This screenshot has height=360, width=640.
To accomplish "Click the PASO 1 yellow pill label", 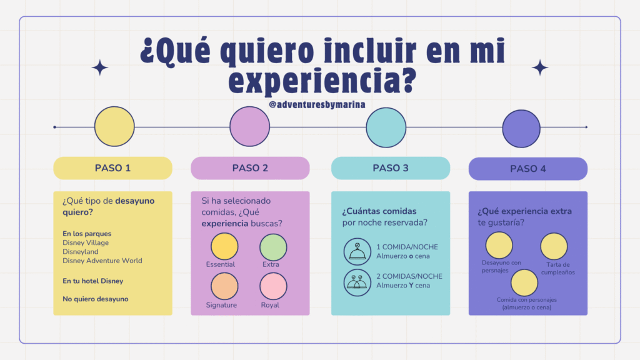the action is tap(112, 168).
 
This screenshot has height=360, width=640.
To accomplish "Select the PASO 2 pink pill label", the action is tap(250, 168).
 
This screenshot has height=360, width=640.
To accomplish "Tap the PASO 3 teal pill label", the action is tap(391, 168).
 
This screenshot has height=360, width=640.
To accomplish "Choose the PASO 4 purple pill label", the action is tap(527, 169).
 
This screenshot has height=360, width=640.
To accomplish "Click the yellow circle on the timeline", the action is tap(114, 126).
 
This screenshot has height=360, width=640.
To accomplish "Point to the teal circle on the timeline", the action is tap(386, 127).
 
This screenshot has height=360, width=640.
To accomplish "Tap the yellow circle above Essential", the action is tap(224, 246).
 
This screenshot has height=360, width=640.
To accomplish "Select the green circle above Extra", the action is tap(274, 247).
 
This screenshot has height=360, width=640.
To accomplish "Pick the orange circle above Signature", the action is tap(224, 286).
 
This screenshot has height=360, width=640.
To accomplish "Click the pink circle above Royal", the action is tap(274, 286).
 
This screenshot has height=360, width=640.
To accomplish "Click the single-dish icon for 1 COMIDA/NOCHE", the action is tap(357, 252).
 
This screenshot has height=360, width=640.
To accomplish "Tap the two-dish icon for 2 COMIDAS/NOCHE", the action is tap(357, 282).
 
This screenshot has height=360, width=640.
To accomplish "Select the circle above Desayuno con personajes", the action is tap(499, 245).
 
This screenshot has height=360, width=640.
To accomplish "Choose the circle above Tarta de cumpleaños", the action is tap(554, 246).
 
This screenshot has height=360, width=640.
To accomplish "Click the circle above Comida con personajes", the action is tap(524, 282).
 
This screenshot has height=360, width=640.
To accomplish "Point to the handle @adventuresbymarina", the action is tap(317, 105).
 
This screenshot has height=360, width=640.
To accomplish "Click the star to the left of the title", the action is tap(99, 67).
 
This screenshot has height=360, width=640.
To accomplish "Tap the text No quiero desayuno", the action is tap(96, 299).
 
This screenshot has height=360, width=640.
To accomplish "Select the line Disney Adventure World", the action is tap(102, 261).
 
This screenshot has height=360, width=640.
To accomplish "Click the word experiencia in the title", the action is tap(322, 80).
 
